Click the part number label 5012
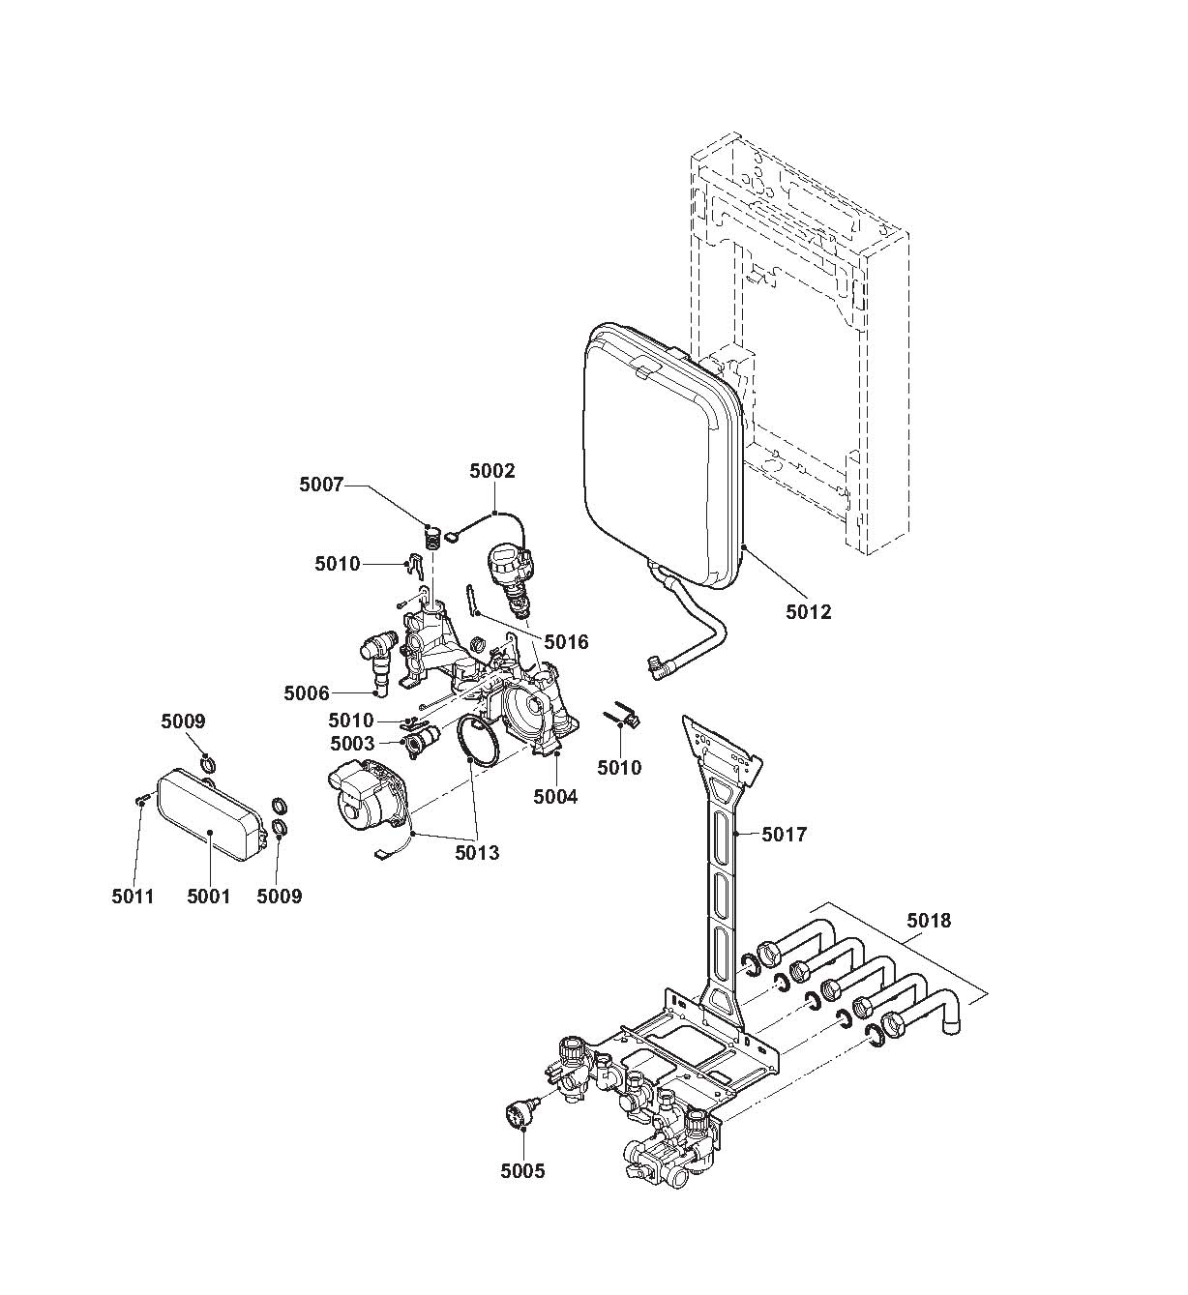click(808, 611)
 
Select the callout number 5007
click(321, 485)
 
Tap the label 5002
click(492, 471)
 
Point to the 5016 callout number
click(566, 641)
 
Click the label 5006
click(307, 693)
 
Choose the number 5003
click(352, 744)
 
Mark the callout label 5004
click(555, 797)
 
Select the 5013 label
click(477, 853)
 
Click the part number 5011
click(133, 897)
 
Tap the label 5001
click(208, 897)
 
